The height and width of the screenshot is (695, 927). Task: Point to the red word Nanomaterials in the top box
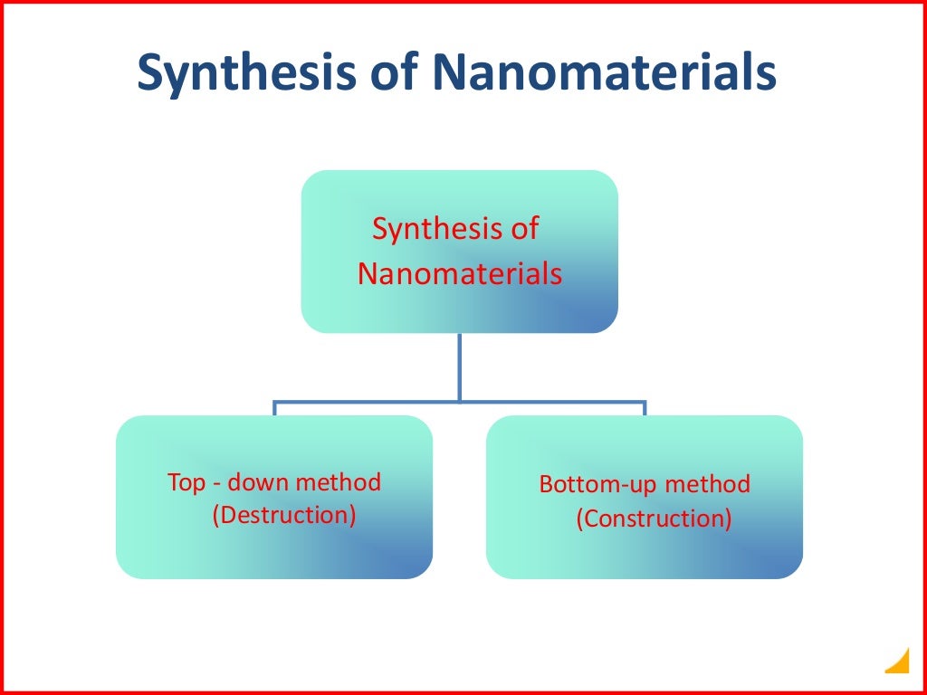(460, 273)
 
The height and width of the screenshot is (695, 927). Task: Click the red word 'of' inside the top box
(524, 229)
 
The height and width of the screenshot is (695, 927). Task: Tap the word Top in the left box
(186, 482)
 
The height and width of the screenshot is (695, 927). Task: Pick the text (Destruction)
(284, 515)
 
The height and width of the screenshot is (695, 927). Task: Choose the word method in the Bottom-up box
(708, 484)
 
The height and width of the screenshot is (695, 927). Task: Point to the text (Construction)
(654, 519)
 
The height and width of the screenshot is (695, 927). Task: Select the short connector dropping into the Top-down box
(274, 408)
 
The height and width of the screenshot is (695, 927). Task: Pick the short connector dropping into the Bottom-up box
(645, 408)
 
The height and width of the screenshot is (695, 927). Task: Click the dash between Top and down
(218, 483)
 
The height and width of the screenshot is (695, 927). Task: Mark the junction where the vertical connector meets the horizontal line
(460, 400)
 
